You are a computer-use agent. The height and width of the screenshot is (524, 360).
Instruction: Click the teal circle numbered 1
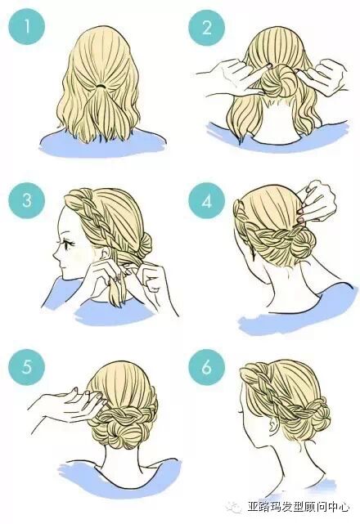(x=27, y=26)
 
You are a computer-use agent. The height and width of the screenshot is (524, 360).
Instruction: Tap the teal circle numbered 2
(x=206, y=26)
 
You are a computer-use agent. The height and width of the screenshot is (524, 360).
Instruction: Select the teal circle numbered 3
(x=27, y=200)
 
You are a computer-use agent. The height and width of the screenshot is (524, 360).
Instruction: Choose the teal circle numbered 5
(x=27, y=366)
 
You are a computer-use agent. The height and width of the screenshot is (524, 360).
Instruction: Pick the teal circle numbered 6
(x=206, y=366)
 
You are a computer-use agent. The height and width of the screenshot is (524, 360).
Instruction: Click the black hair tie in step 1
(x=101, y=86)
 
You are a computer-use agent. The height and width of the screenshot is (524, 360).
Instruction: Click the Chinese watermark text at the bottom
(x=299, y=507)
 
